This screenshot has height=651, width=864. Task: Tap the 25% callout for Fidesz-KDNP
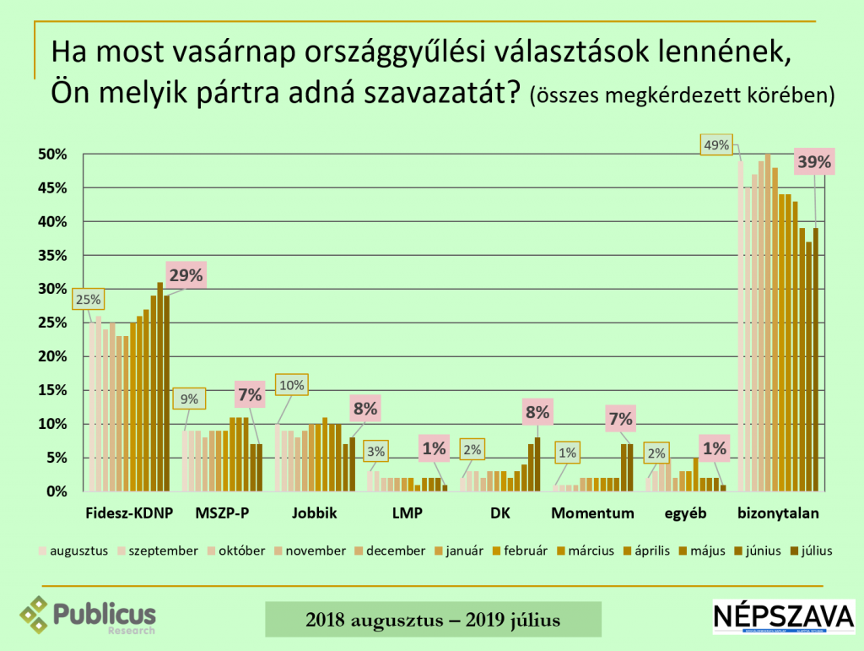click(88, 299)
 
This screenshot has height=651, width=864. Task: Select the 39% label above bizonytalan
click(814, 163)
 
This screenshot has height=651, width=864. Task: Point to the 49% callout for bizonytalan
click(716, 144)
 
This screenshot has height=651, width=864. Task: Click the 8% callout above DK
click(538, 412)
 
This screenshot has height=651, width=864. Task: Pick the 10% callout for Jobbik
click(291, 386)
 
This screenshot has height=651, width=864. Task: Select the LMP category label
click(406, 513)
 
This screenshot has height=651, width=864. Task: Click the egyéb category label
click(684, 513)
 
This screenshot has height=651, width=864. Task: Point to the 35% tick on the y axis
click(51, 255)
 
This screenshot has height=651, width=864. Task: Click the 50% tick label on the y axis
click(51, 155)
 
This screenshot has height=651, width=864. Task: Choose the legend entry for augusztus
click(74, 551)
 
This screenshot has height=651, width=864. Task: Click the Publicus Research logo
click(89, 615)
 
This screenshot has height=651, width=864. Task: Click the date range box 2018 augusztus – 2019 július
click(433, 620)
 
